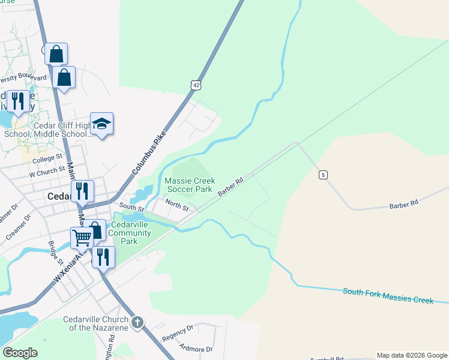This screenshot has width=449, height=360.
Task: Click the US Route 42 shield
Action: pyautogui.click(x=196, y=86)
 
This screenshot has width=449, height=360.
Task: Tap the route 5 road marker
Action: pyautogui.click(x=324, y=175)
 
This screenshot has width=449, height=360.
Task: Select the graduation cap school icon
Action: pyautogui.click(x=102, y=124)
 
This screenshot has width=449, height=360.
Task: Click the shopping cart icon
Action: pyautogui.click(x=82, y=238)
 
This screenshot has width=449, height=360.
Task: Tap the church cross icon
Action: pyautogui.click(x=137, y=323)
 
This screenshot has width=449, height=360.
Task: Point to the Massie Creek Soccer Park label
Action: pyautogui.click(x=188, y=184)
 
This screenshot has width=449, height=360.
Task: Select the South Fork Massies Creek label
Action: pyautogui.click(x=388, y=295)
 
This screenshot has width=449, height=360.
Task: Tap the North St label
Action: pyautogui.click(x=178, y=206)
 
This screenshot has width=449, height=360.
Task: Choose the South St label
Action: pyautogui.click(x=131, y=208)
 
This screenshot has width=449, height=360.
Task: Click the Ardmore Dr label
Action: pyautogui.click(x=196, y=348)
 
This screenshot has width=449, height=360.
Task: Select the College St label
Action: pyautogui.click(x=47, y=159)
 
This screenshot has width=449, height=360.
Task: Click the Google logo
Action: pyautogui.click(x=20, y=352)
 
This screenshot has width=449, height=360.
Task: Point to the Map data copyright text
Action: pyautogui.click(x=412, y=355)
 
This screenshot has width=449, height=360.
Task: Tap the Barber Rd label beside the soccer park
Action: pyautogui.click(x=231, y=187)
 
